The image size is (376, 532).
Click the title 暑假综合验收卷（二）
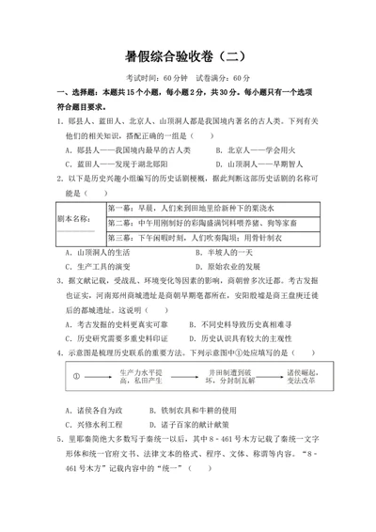pyautogui.click(x=187, y=55)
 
